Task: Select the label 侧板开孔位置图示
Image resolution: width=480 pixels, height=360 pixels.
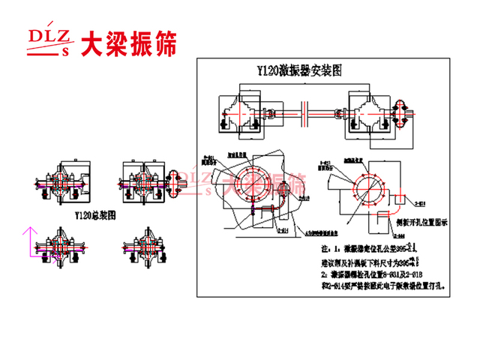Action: coord(424,223)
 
